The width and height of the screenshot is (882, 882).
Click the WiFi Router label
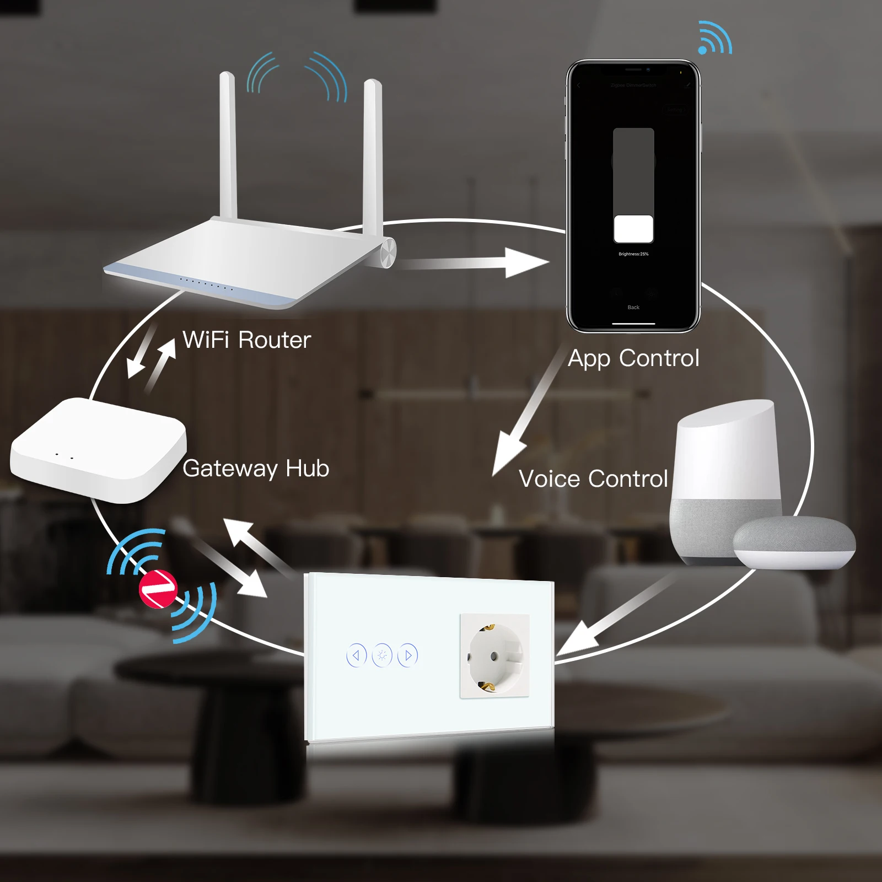(246, 340)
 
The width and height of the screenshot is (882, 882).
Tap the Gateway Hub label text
(256, 469)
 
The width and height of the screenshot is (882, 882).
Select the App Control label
(633, 358)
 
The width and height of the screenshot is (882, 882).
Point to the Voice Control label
(593, 478)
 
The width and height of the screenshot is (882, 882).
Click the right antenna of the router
(373, 154)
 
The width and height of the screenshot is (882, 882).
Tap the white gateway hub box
(98, 449)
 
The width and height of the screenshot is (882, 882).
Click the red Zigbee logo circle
(158, 589)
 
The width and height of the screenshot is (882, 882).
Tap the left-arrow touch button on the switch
(356, 655)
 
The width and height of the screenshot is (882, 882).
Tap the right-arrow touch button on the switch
(408, 655)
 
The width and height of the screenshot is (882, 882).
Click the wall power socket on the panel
(494, 656)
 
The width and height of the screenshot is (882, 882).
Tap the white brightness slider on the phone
(633, 229)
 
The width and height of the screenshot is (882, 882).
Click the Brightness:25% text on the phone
(633, 254)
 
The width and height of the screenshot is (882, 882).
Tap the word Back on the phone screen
(633, 308)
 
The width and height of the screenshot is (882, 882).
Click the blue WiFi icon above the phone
(714, 39)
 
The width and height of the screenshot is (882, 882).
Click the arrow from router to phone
(474, 263)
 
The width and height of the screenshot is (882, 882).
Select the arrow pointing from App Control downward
(524, 413)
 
